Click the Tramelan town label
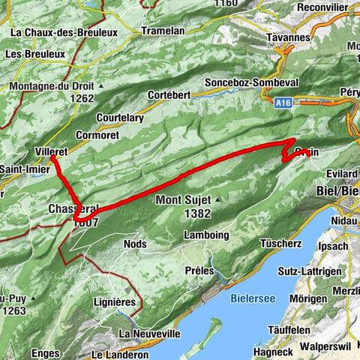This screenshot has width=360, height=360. [164, 32]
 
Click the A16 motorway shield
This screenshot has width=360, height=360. [281, 106]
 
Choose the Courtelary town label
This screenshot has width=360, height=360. [127, 118]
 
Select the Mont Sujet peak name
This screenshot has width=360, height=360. [184, 200]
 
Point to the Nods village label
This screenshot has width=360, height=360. [134, 244]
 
